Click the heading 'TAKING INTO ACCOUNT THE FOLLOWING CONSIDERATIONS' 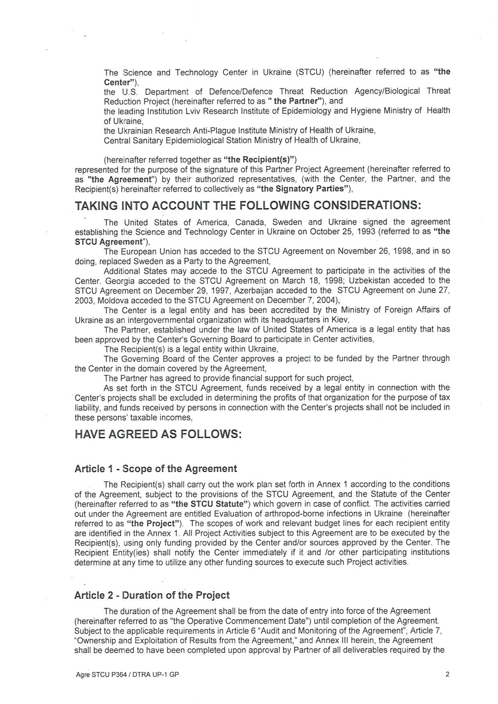(x=248, y=206)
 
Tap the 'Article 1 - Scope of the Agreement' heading (x=155, y=469)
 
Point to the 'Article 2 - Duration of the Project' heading (x=152, y=595)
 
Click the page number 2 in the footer (x=447, y=675)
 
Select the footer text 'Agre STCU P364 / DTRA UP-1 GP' (x=127, y=675)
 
